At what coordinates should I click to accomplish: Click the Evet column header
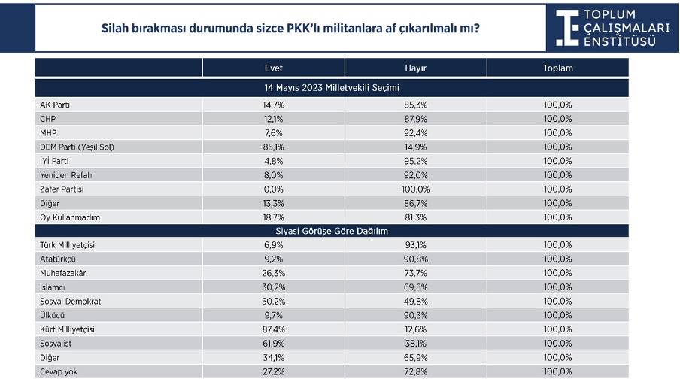(273, 68)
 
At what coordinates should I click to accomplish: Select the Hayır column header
(415, 68)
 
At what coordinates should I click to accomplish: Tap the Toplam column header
(557, 68)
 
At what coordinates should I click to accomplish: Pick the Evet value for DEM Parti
(273, 147)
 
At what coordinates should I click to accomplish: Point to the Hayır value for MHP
(415, 133)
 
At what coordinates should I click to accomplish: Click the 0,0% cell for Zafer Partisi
(273, 189)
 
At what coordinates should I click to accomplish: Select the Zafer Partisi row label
(62, 189)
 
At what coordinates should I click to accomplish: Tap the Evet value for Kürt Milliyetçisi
(273, 329)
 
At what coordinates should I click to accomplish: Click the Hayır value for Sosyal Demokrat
(415, 301)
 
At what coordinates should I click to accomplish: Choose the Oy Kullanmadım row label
(69, 217)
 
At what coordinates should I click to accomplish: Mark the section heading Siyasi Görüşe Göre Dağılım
(332, 231)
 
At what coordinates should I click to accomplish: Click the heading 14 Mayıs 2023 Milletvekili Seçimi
(332, 87)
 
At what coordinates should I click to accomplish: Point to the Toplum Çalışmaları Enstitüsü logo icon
(567, 27)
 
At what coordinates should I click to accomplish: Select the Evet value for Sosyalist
(273, 344)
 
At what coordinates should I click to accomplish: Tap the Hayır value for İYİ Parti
(415, 161)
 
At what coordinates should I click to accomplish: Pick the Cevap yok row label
(60, 371)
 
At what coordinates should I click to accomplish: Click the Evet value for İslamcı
(273, 287)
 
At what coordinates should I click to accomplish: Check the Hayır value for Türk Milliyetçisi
(415, 245)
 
